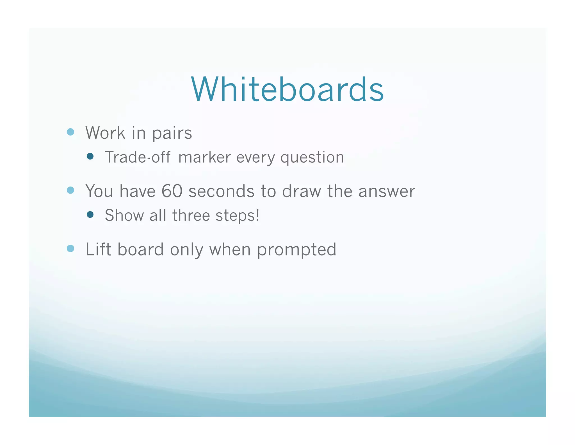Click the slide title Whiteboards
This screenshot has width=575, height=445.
(x=287, y=89)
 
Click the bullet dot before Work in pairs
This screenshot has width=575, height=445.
(x=70, y=132)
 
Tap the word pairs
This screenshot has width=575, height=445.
(x=172, y=133)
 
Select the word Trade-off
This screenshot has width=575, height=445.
(x=138, y=157)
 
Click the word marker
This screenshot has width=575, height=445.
(x=204, y=158)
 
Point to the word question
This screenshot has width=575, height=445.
(x=312, y=158)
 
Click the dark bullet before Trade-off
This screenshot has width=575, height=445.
(x=90, y=156)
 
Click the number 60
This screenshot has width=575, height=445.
(x=172, y=191)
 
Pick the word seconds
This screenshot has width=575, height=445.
(x=221, y=192)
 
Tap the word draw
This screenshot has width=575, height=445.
(x=302, y=192)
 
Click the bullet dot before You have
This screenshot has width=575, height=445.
(x=70, y=190)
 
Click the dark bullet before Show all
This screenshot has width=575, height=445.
(x=90, y=215)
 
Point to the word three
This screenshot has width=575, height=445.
(x=191, y=215)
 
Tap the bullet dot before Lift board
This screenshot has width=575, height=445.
(x=70, y=249)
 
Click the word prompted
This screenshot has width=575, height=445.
(x=296, y=250)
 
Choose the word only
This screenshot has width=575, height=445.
(x=186, y=250)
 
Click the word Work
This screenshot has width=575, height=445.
(x=105, y=133)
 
